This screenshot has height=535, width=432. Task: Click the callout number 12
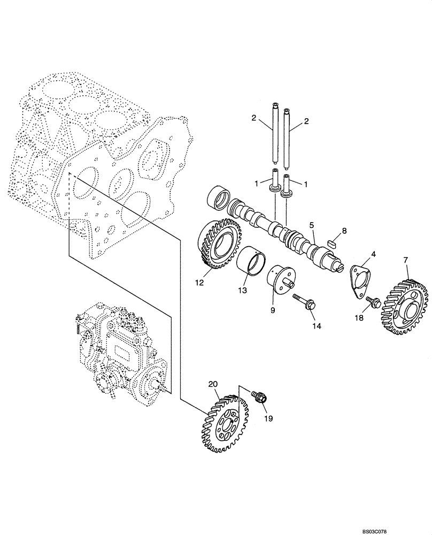tap(199, 283)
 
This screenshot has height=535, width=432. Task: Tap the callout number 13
tap(243, 290)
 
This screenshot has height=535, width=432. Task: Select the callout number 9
tap(274, 309)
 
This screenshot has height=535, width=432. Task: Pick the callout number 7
tap(406, 260)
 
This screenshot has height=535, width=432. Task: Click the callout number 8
tap(344, 231)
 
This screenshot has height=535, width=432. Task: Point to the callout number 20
tap(213, 384)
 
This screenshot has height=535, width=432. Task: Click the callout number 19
tap(268, 418)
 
